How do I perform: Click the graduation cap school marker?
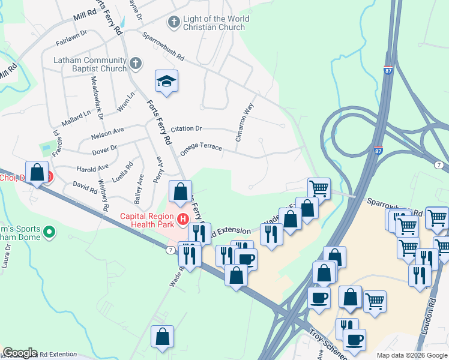tap(167, 82)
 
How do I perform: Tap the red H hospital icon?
tap(182, 217)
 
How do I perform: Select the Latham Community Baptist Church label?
tap(90, 64)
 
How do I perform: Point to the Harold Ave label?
tap(94, 167)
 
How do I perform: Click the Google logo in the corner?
tap(20, 353)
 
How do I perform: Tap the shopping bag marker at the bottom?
tap(162, 337)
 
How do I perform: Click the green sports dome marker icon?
tap(50, 231)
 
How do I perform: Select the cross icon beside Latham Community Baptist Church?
tap(136, 62)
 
